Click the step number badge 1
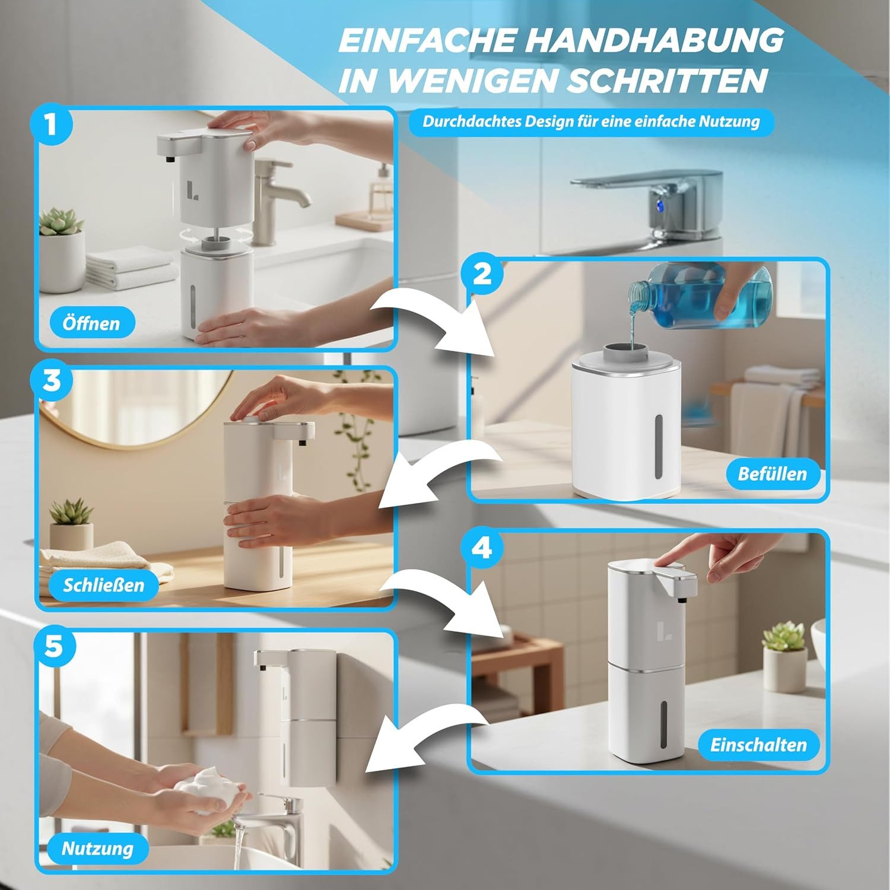(52, 125)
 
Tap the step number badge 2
(482, 275)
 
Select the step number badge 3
(52, 380)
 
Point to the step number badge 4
(482, 548)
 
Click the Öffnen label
(91, 323)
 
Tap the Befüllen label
(773, 473)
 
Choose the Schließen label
(104, 585)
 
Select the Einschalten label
(758, 745)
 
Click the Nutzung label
(98, 848)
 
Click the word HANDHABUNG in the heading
(654, 40)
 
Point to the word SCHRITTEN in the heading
(667, 80)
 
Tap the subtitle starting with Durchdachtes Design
(591, 122)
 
